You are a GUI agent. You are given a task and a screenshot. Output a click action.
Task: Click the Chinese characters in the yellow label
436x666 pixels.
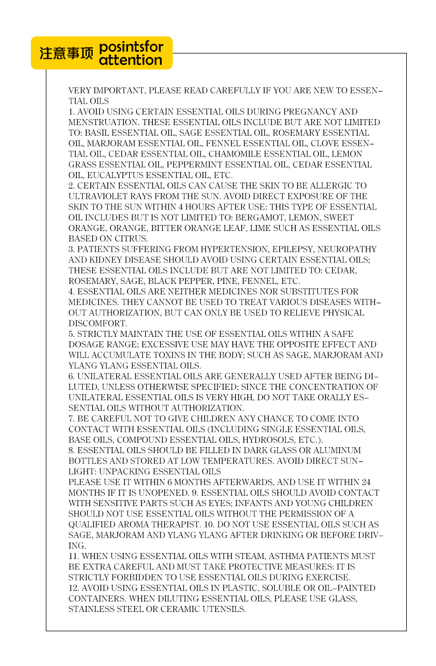[66, 54]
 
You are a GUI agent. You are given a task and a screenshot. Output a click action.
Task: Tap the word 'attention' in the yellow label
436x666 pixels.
[130, 60]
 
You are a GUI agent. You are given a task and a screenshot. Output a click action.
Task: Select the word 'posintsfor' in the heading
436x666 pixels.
[131, 47]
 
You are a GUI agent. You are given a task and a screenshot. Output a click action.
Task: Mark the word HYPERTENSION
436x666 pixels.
[217, 249]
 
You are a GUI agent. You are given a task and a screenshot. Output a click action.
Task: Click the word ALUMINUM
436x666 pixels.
[336, 450]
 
